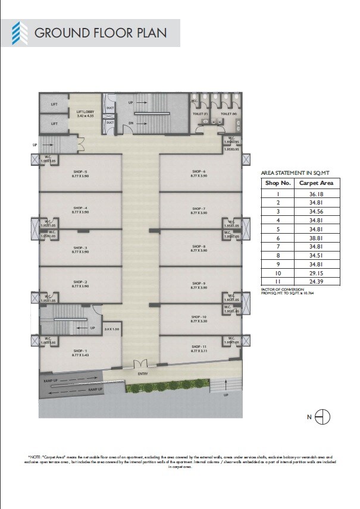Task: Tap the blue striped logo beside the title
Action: [20, 32]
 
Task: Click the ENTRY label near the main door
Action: [143, 373]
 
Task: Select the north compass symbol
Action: [322, 417]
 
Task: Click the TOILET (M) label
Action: [229, 113]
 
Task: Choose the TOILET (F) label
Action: [202, 113]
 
